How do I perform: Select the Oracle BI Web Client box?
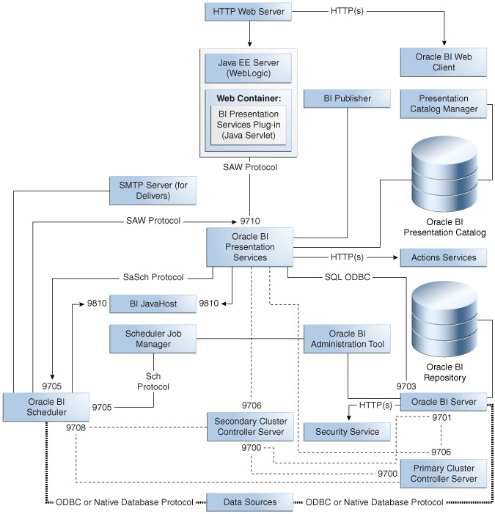point(444,62)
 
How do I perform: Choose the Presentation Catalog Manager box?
point(444,103)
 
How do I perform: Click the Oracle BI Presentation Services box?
point(249,247)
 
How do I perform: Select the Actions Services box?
point(444,257)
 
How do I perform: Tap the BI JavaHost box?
point(153,304)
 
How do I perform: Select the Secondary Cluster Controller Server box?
point(249,427)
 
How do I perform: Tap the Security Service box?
point(347,431)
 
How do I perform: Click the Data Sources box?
point(249,502)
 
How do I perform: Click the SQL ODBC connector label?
point(348,277)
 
